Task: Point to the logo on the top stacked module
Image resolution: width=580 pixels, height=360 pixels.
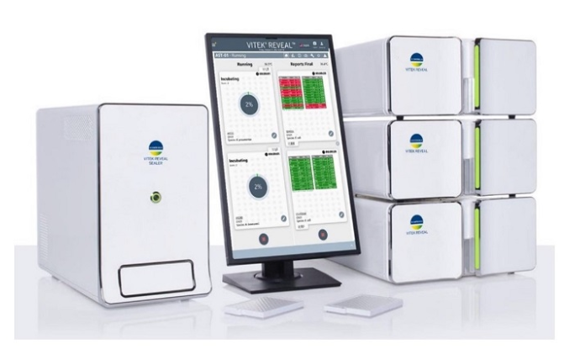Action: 416,64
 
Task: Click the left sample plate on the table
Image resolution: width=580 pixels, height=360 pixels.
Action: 263,307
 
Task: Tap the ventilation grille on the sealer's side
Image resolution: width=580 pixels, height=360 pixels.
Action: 67,202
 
